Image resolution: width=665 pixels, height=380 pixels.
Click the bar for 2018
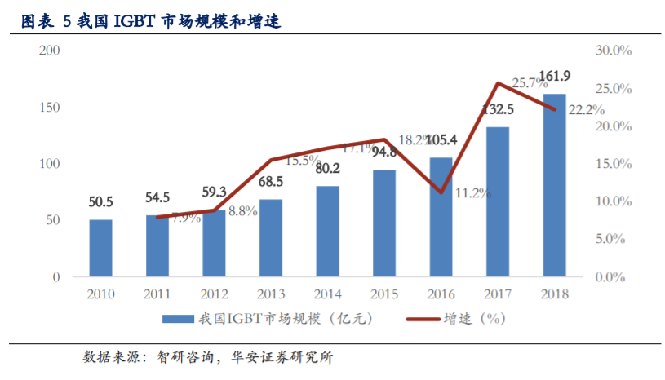554,185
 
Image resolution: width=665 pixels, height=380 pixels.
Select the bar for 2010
100,248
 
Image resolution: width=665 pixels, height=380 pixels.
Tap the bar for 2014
327,231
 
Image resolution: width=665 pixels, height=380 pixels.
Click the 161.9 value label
555,77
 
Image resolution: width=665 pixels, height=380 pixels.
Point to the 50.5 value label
100,201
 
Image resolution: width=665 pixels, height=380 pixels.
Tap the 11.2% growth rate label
472,193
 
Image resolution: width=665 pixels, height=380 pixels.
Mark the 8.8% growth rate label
242,210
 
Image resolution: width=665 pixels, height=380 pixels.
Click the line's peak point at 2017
498,83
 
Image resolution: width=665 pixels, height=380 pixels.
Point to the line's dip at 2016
441,192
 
